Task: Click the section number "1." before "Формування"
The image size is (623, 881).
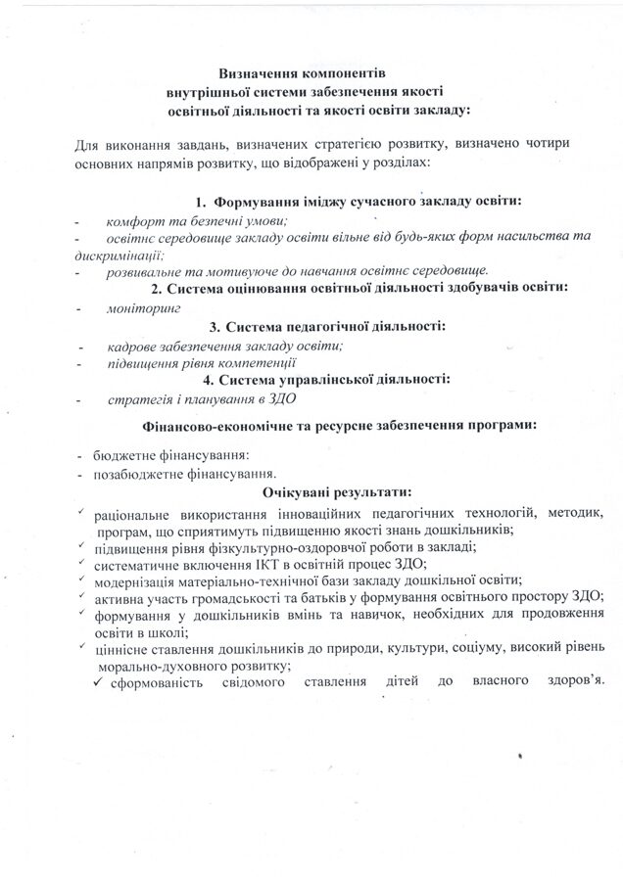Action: coord(203,200)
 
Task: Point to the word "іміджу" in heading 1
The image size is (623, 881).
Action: coord(340,200)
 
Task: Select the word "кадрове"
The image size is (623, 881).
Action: coord(132,346)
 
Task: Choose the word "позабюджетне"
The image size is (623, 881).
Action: coord(139,473)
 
